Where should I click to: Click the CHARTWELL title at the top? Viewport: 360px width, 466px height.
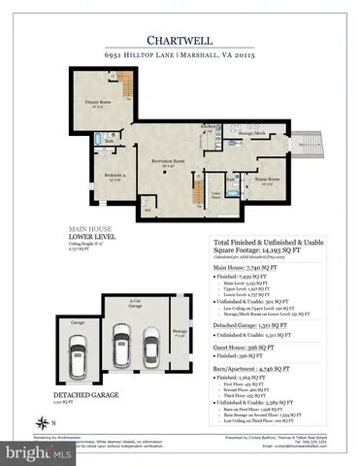click(x=180, y=40)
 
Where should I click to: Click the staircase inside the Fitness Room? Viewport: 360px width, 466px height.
click(x=123, y=97)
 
